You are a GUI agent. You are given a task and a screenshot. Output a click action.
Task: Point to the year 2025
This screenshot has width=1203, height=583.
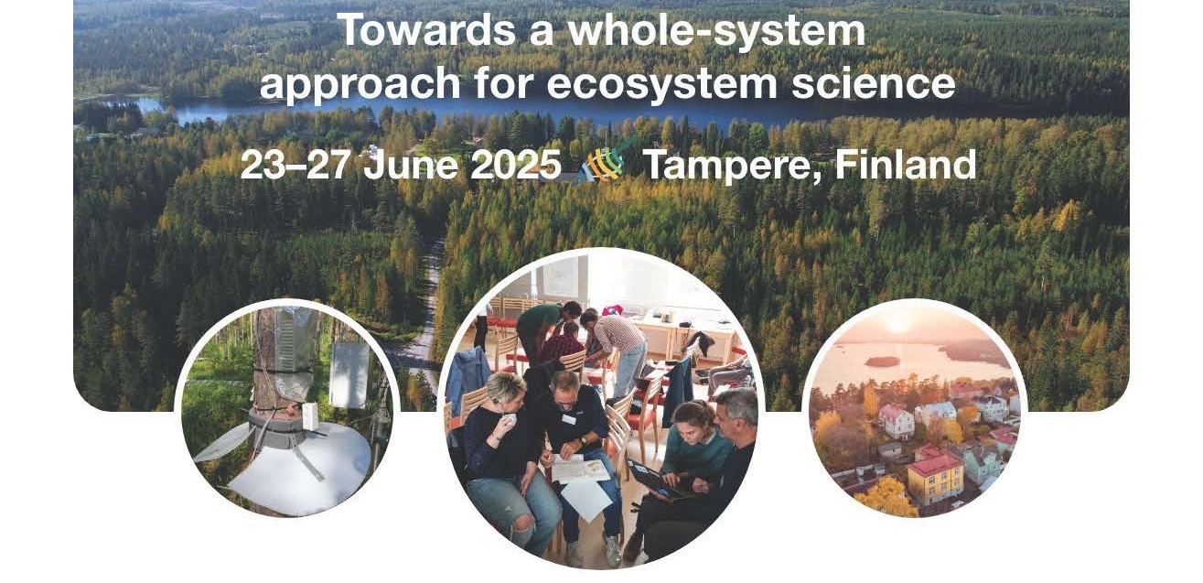coord(516,164)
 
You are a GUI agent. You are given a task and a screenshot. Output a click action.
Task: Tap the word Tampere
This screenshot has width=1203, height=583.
coord(732,166)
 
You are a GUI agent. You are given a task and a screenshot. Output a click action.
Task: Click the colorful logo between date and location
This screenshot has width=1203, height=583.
coord(602,163)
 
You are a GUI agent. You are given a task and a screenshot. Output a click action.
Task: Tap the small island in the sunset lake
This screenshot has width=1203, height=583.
coord(881,362)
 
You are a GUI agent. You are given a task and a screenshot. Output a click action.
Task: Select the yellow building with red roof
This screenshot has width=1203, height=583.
coord(934,476)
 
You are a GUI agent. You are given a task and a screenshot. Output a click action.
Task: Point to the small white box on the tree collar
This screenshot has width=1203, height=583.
coord(311,416)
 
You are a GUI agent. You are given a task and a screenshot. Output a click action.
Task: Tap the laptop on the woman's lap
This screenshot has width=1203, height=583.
coord(656,480)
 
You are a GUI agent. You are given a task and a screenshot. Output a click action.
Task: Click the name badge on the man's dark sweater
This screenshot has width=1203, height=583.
coord(569,418)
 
